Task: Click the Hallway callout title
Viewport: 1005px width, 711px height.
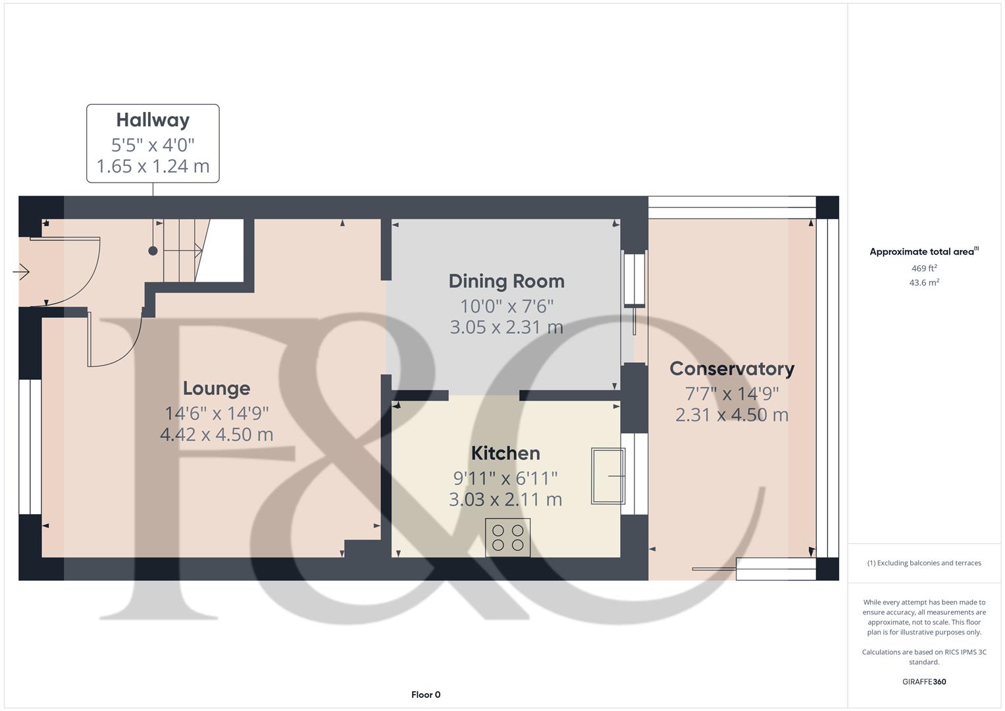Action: click(x=153, y=120)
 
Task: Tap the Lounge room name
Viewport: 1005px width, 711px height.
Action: click(x=217, y=388)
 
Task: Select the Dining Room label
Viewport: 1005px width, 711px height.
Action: click(x=506, y=281)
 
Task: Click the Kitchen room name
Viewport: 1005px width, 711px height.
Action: click(x=505, y=453)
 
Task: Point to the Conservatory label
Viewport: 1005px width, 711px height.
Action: click(x=732, y=369)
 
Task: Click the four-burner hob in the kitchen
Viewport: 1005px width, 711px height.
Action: click(x=507, y=537)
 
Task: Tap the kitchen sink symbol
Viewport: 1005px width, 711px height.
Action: click(x=607, y=476)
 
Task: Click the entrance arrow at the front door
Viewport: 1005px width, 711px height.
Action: click(x=21, y=271)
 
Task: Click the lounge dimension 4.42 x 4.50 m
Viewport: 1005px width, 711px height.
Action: click(x=217, y=434)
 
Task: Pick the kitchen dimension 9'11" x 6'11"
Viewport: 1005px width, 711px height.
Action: click(x=505, y=478)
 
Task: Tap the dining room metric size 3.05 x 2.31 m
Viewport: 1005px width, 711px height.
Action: click(x=506, y=327)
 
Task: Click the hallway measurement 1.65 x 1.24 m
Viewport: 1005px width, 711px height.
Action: click(x=153, y=166)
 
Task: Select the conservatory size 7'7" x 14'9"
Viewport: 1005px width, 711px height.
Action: click(x=732, y=394)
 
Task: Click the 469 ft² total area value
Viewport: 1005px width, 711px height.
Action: click(x=923, y=269)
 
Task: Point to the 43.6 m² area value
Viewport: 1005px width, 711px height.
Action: click(x=923, y=282)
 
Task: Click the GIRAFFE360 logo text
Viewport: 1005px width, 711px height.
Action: click(x=923, y=681)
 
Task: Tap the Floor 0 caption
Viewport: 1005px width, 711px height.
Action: click(x=426, y=695)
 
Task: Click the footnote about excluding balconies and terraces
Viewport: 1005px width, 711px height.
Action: click(x=923, y=563)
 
